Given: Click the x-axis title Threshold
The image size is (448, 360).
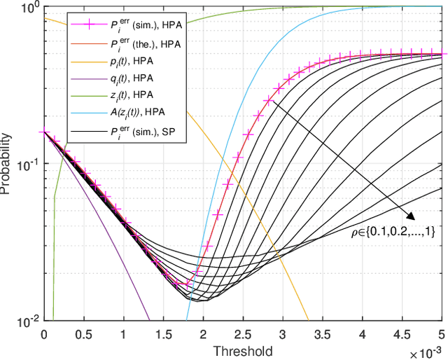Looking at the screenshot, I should tap(244, 350).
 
